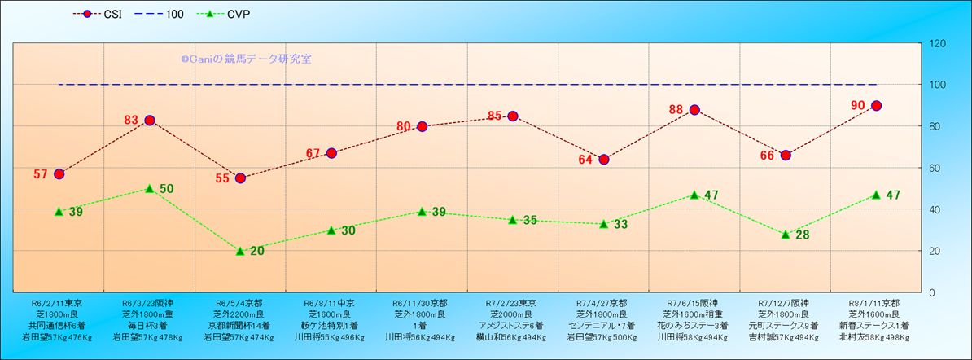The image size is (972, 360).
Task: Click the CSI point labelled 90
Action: pos(877,106)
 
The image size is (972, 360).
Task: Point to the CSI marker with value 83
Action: pos(150,121)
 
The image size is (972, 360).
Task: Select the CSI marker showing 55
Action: pos(240,178)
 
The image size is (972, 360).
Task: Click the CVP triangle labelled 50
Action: pos(150,189)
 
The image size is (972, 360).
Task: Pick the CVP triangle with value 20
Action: pos(240,251)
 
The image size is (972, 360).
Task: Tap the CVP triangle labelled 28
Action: pos(786,235)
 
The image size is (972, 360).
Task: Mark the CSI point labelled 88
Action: pos(694,110)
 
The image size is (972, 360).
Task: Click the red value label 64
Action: pos(585,160)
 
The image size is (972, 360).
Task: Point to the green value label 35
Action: pos(530,221)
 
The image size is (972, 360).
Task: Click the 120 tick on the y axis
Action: pos(937,43)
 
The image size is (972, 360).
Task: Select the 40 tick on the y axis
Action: pos(935,209)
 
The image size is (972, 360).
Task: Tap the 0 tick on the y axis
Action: pos(931,292)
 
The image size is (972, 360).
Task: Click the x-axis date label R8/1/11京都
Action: pos(874,302)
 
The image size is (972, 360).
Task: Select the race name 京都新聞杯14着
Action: pos(239,325)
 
